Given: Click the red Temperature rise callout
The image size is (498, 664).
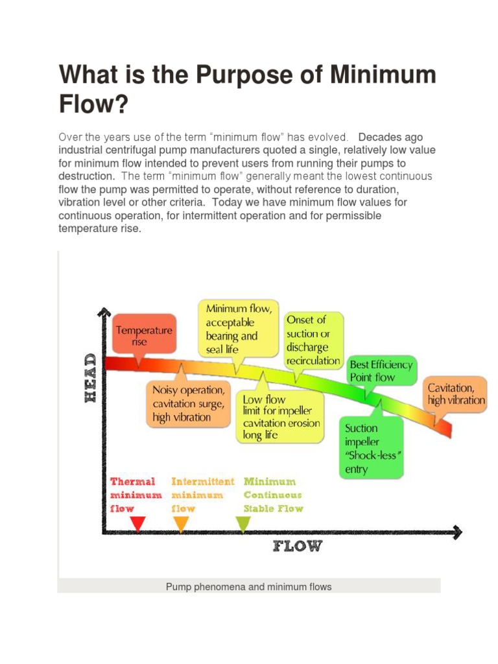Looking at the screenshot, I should [x=143, y=335].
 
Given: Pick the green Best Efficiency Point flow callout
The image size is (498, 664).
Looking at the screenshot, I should [x=381, y=370].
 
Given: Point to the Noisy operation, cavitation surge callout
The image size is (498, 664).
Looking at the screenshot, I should [x=188, y=403].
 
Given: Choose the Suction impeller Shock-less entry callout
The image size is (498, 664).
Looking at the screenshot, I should [x=372, y=448].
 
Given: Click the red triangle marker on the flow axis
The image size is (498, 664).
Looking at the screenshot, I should [x=137, y=523].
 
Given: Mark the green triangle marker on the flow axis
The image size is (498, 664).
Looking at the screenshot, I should [x=243, y=523].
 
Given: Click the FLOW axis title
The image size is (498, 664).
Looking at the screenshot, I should [x=297, y=546].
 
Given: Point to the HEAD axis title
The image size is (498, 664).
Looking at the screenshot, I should [x=91, y=378].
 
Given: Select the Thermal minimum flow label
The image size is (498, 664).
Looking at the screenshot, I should [x=133, y=495].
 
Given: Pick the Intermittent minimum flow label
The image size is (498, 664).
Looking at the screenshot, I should [x=202, y=495].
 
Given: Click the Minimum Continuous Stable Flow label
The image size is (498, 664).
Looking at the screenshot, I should [x=273, y=495].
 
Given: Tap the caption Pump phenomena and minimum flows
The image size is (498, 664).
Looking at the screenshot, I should [x=249, y=587].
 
